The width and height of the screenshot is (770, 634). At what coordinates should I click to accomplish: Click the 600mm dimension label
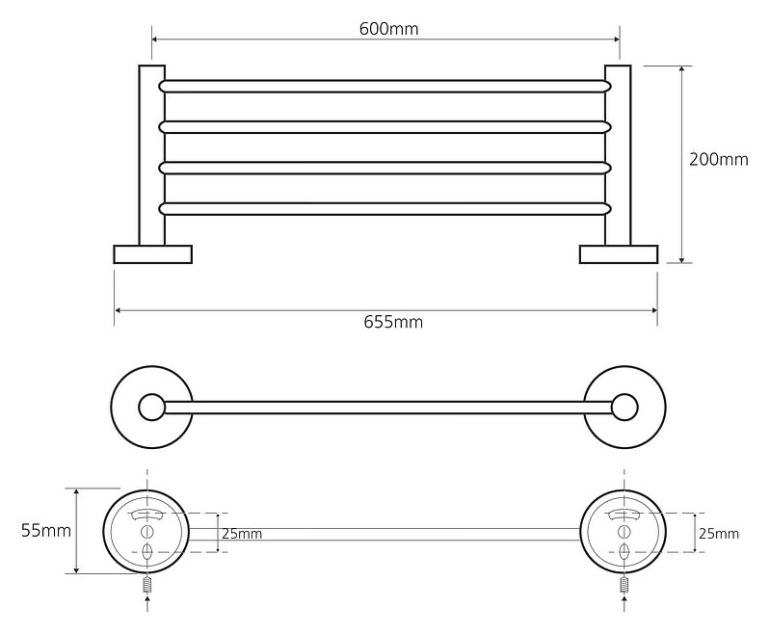pos(388,29)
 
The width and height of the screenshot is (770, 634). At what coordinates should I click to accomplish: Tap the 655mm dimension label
pos(393,322)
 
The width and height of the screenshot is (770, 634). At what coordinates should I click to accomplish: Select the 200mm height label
pos(718,160)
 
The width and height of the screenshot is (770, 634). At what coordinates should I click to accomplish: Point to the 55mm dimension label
pos(46,530)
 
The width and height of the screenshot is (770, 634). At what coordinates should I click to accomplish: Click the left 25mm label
pos(242,534)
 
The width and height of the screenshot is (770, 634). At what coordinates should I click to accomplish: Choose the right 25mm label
pos(719,534)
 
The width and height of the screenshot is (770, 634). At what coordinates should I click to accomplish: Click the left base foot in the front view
pos(152,254)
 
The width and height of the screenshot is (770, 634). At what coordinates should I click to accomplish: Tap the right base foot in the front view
pos(619,254)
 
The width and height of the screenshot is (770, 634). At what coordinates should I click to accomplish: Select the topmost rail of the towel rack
pos(385,87)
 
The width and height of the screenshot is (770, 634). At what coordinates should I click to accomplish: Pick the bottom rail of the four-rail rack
pos(385,209)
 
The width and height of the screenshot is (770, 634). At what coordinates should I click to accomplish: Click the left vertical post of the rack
pos(151,155)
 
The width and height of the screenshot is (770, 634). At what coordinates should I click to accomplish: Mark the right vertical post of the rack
pos(618,155)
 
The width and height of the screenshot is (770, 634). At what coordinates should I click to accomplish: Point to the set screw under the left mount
pos(147,585)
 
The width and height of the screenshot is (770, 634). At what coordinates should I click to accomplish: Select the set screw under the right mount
pos(624,585)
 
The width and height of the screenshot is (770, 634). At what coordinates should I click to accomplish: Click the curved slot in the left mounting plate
pos(146,515)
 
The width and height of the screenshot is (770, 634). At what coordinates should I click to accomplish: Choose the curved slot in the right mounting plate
pos(624,515)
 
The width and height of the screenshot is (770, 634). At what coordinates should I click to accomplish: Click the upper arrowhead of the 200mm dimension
pos(681,69)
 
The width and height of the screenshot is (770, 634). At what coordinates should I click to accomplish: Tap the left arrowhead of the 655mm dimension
pos(118,310)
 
